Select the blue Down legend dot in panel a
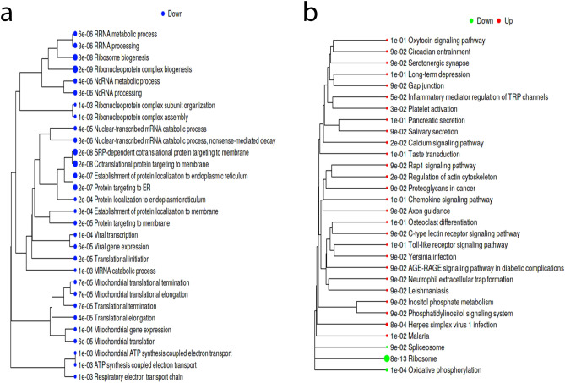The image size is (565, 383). (x=161, y=14)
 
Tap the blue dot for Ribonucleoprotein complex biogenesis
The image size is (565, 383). (x=76, y=69)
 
